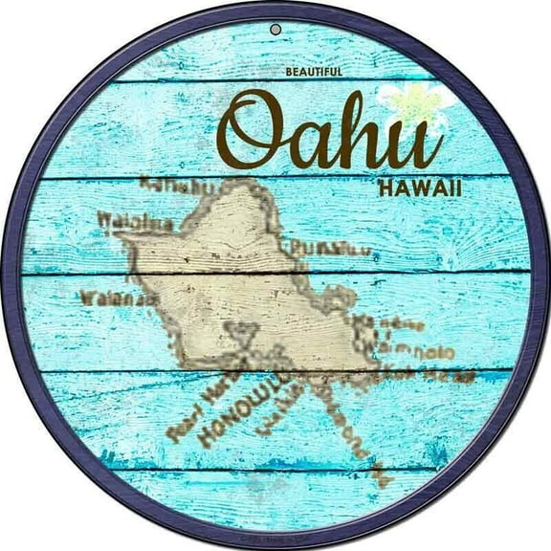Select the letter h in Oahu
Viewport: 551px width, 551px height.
click(x=364, y=130)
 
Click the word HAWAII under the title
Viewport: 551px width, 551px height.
click(x=420, y=188)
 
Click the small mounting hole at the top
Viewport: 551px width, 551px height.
click(x=275, y=29)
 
